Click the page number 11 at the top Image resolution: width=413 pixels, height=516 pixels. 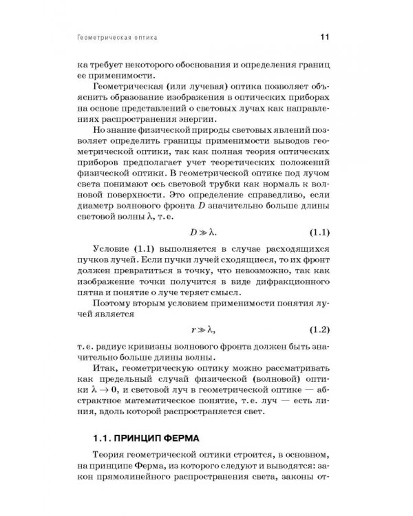coord(328,36)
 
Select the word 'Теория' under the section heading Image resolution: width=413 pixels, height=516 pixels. coord(110,457)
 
